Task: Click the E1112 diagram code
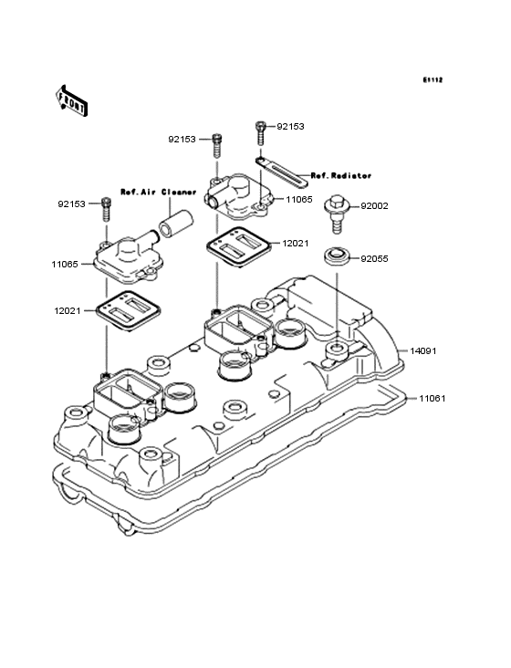click(x=432, y=80)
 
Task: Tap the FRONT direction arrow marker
click(x=72, y=99)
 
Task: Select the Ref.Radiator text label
click(x=341, y=174)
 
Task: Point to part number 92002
click(x=374, y=206)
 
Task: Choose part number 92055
click(x=374, y=259)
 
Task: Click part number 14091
click(x=422, y=350)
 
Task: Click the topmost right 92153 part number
click(x=291, y=128)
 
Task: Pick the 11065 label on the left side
click(x=65, y=265)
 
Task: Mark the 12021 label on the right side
click(x=296, y=244)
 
